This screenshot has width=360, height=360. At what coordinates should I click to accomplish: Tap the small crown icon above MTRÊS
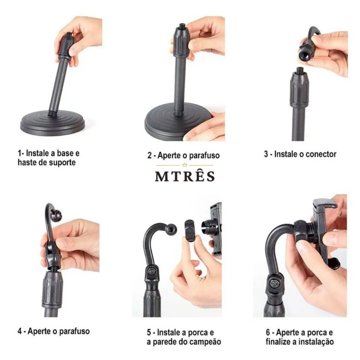[185, 165]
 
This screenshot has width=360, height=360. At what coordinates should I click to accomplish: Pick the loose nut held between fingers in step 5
[189, 231]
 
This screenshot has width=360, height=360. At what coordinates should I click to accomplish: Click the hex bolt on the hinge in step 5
[151, 271]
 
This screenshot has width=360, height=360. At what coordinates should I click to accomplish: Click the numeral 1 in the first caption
[20, 153]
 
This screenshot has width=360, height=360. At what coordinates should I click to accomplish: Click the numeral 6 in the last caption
[268, 332]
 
